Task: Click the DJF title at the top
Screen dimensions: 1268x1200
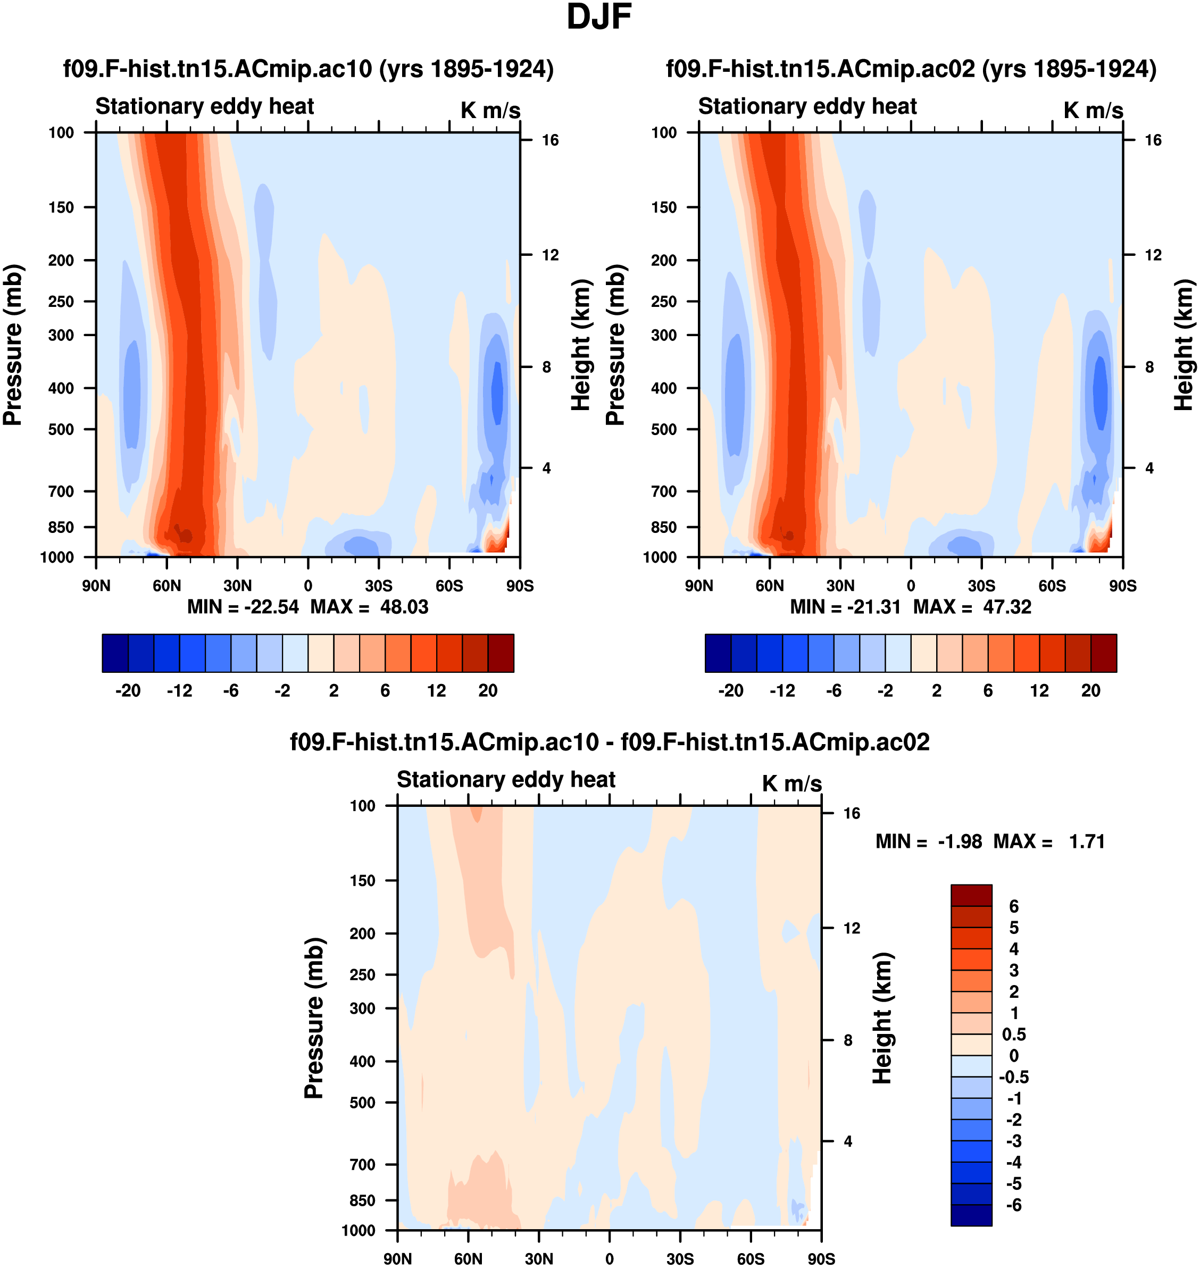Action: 599,17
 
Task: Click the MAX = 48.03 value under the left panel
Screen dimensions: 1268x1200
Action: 369,606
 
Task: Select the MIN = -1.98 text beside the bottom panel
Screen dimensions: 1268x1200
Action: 928,841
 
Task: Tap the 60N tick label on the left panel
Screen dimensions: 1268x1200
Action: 167,586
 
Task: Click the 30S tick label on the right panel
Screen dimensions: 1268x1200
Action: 981,586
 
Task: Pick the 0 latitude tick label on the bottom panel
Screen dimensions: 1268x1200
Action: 609,1258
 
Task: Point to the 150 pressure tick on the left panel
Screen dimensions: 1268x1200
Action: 61,207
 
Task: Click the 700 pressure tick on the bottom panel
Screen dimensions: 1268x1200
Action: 362,1164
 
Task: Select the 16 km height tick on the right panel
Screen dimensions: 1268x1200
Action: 1153,140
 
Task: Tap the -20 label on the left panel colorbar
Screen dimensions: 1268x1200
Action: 128,690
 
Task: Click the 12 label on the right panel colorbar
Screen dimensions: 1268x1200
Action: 1039,690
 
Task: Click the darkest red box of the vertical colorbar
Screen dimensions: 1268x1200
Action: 971,895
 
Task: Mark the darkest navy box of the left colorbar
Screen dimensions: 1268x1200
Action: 115,653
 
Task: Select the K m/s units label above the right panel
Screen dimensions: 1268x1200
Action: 1093,110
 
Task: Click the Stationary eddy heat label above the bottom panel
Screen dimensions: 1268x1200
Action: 506,779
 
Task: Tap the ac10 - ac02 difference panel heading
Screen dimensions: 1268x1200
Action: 609,742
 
